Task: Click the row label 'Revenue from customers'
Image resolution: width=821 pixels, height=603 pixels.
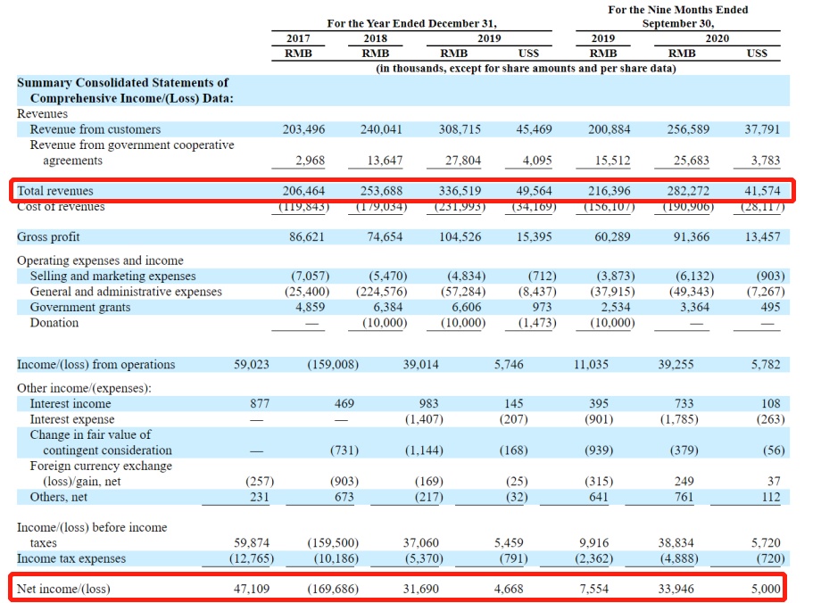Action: pos(95,129)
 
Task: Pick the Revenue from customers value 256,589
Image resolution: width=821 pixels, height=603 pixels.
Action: pos(688,129)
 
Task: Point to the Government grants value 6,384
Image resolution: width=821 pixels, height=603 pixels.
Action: pos(388,307)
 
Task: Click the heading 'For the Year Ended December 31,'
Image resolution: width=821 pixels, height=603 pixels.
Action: pos(411,24)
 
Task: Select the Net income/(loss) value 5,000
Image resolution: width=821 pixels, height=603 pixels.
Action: pos(765,589)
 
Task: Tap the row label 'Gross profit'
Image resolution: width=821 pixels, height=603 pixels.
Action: pos(48,237)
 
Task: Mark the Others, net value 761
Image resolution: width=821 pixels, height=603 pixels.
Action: pos(684,498)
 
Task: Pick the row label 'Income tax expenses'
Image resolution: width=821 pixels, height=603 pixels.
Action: pos(71,559)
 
